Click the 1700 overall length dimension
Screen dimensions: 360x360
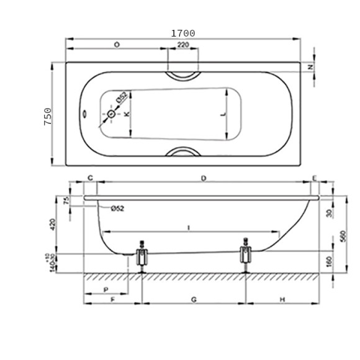(183, 33)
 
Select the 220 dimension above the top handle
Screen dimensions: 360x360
(183, 45)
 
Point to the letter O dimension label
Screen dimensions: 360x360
(117, 45)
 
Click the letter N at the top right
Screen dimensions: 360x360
(310, 67)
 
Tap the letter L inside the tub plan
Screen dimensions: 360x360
(223, 115)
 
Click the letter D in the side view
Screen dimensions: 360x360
(204, 179)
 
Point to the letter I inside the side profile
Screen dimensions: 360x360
(189, 228)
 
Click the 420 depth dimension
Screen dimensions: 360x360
(53, 225)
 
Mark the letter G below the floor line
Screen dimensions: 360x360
(194, 299)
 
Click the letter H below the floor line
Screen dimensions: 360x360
(282, 299)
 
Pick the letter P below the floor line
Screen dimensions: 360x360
(106, 290)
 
